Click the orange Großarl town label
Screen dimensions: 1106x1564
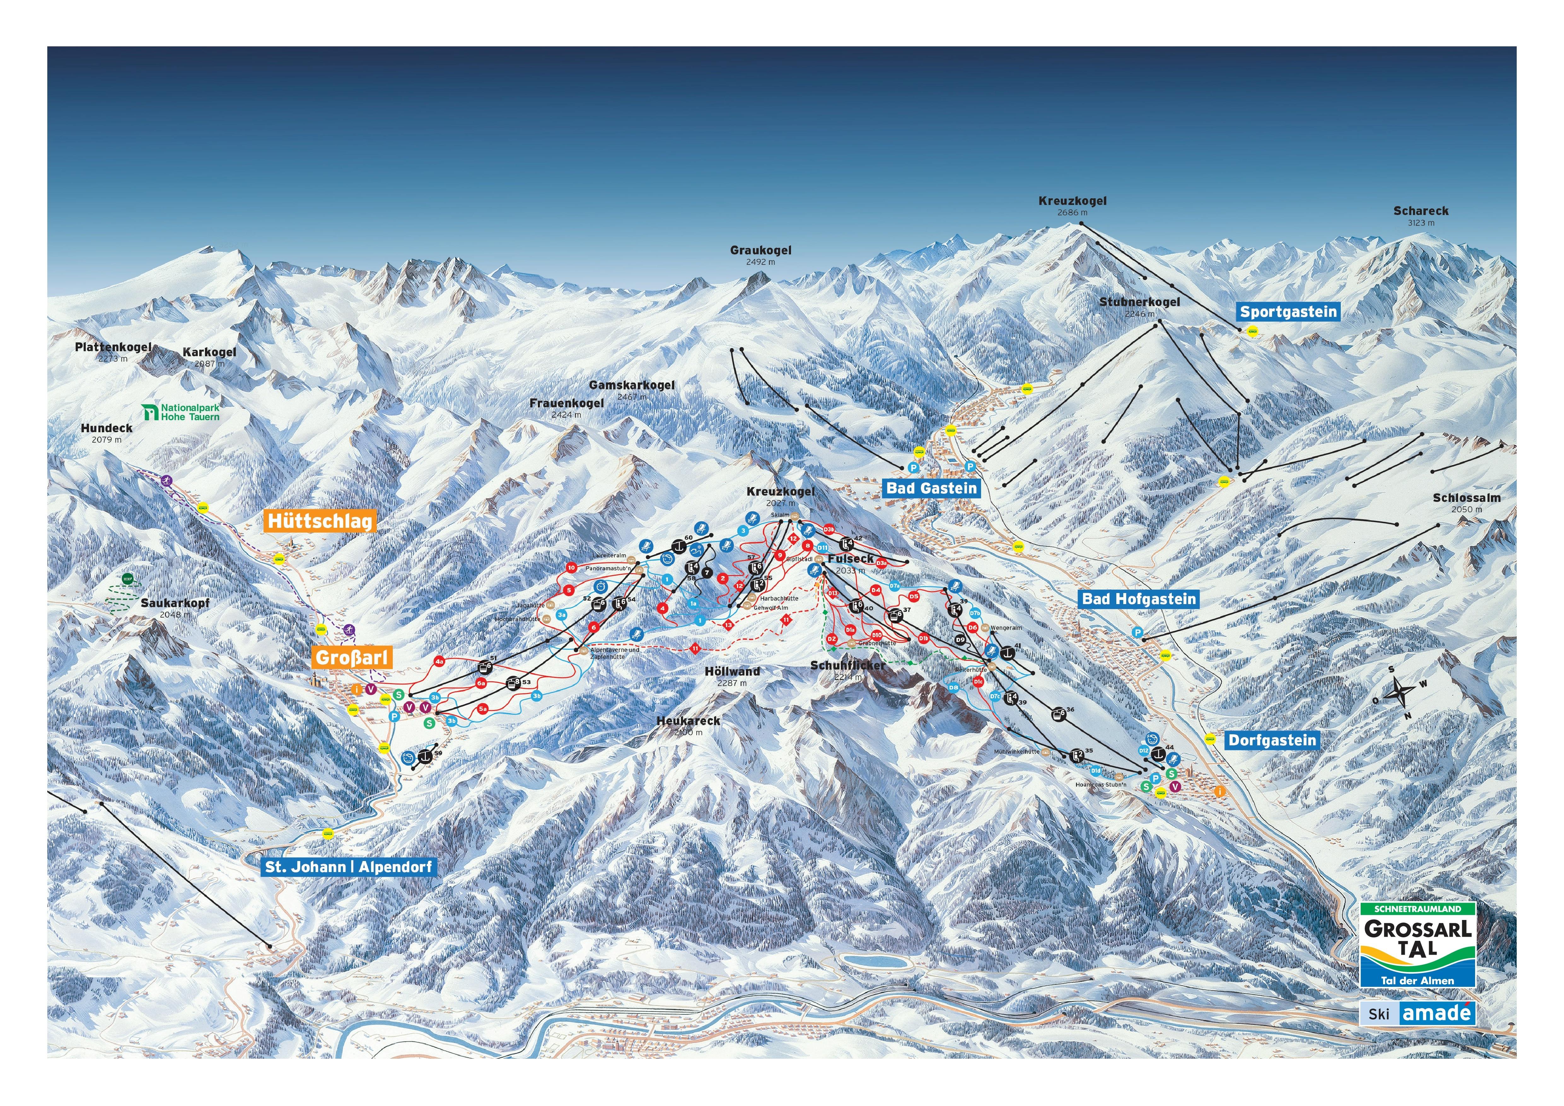[x=352, y=657]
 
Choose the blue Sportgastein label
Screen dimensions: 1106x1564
[x=1288, y=312]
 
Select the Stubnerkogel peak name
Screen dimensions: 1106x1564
[x=1139, y=302]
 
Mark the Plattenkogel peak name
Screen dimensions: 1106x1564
[x=113, y=347]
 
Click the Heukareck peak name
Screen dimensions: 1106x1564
[x=688, y=720]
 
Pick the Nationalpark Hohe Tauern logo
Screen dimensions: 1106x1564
[x=181, y=412]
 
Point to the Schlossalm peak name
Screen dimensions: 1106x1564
[x=1466, y=498]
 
